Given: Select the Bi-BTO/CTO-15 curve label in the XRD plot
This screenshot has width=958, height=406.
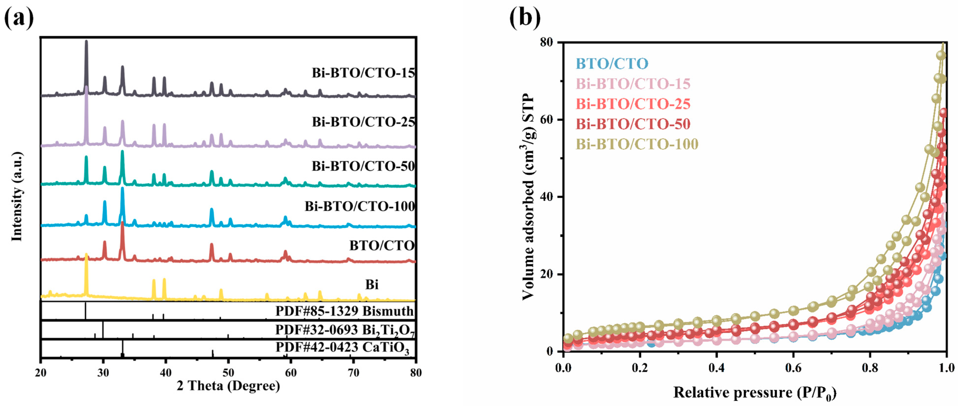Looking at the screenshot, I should pyautogui.click(x=363, y=73).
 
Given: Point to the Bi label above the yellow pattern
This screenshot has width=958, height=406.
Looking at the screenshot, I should pyautogui.click(x=372, y=285).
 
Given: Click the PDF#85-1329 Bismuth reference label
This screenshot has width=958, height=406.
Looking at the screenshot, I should pyautogui.click(x=344, y=311).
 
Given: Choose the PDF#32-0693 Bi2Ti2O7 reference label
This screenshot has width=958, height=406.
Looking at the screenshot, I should pyautogui.click(x=344, y=330).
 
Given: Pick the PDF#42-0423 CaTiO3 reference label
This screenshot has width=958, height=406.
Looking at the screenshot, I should pyautogui.click(x=342, y=348).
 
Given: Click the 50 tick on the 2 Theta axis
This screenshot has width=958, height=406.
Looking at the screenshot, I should pyautogui.click(x=228, y=372).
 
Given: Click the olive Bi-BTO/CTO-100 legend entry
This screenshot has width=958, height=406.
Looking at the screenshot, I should pyautogui.click(x=637, y=144).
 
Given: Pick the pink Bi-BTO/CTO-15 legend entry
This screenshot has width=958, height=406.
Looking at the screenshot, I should pyautogui.click(x=633, y=84).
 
